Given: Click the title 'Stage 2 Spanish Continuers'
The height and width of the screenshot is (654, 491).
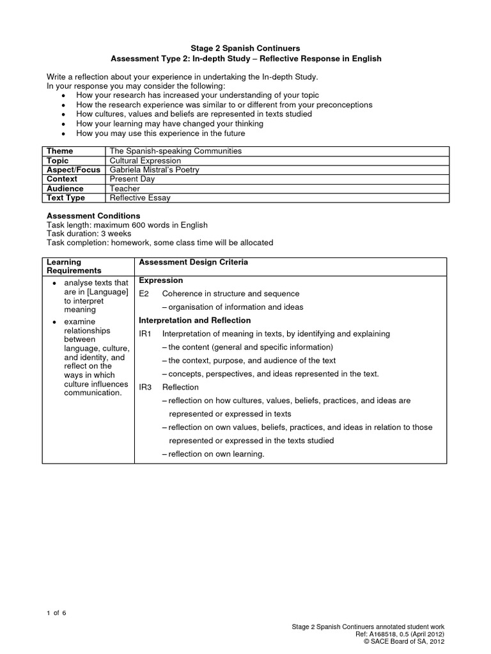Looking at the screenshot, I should pyautogui.click(x=245, y=47).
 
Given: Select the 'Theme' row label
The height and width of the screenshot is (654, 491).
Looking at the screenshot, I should pyautogui.click(x=60, y=151).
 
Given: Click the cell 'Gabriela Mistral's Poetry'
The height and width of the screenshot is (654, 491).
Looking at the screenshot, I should pyautogui.click(x=155, y=170).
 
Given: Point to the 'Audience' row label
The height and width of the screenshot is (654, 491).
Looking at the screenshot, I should pyautogui.click(x=65, y=188).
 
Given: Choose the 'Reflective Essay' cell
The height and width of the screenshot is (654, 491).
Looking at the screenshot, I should pyautogui.click(x=141, y=198).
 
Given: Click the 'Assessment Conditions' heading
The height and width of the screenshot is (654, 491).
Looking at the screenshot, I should pyautogui.click(x=93, y=216).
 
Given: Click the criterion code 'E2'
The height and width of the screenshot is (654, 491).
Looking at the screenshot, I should pyautogui.click(x=144, y=294).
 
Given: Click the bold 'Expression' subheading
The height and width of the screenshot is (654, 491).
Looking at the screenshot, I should pyautogui.click(x=161, y=280).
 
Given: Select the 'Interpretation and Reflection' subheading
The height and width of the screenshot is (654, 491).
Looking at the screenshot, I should pyautogui.click(x=195, y=321).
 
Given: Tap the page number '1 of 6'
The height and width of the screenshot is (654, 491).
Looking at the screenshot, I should pyautogui.click(x=56, y=613).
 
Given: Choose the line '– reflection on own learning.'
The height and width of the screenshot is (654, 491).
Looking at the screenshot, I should pyautogui.click(x=213, y=454).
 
